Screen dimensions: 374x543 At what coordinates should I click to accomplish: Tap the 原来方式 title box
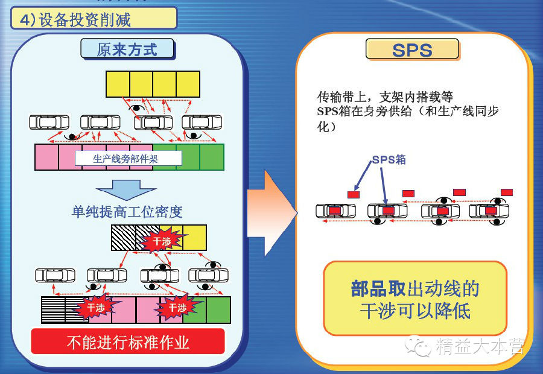(x=127, y=49)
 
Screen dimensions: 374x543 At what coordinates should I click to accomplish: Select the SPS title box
(x=412, y=49)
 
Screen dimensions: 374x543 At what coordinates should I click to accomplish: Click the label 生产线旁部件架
(x=129, y=158)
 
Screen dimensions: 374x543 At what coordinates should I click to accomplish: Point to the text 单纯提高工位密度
(x=127, y=212)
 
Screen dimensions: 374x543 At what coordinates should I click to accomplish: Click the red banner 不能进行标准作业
(x=128, y=342)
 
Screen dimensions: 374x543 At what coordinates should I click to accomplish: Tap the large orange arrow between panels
(x=271, y=211)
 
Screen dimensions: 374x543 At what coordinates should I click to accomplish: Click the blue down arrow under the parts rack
(x=127, y=189)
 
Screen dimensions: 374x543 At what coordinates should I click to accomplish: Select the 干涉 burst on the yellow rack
(x=162, y=241)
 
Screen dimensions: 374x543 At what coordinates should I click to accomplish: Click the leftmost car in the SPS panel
(x=336, y=211)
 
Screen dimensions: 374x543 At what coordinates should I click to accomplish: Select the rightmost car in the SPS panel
(x=489, y=211)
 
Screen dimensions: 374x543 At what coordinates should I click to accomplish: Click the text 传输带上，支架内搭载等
(x=385, y=97)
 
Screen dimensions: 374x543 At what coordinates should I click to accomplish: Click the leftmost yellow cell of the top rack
(x=118, y=84)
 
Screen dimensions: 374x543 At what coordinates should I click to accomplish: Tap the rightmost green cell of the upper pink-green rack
(x=212, y=157)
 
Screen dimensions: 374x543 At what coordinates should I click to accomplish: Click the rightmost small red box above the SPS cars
(x=506, y=192)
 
